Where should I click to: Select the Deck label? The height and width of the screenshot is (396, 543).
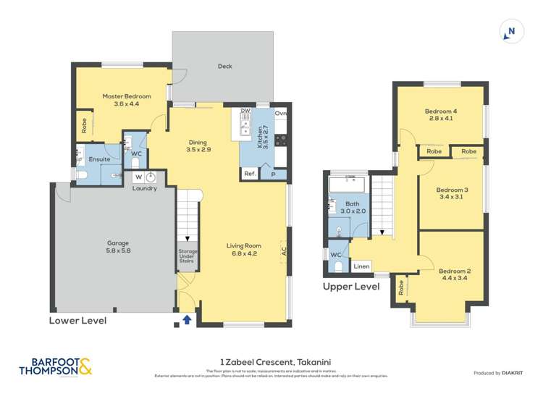[x=224, y=67]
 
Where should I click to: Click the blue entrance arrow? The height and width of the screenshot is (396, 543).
[x=187, y=319]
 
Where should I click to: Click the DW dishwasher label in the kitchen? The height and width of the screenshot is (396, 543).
[x=245, y=111]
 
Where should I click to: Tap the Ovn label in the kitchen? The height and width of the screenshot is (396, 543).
[x=280, y=113]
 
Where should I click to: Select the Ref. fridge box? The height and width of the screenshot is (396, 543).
[x=250, y=174]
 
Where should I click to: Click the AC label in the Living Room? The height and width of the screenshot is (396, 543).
[x=285, y=253]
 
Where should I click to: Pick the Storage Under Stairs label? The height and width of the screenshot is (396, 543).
[x=187, y=256]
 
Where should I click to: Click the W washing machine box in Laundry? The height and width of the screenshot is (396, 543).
[x=138, y=177]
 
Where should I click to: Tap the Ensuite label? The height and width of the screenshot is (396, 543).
[x=99, y=159]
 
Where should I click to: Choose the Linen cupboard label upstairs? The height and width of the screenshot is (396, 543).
[x=361, y=266]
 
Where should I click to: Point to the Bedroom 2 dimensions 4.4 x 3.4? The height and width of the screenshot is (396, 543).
[x=450, y=279]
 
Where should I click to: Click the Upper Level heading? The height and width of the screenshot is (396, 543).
[x=351, y=287]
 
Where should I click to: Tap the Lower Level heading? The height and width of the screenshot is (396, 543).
[x=77, y=320]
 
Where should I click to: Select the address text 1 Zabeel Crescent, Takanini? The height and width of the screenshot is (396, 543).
[x=271, y=362]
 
